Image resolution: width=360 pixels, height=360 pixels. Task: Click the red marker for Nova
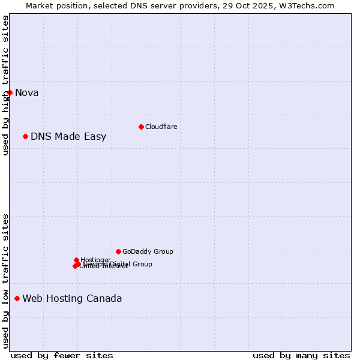coord(10,92)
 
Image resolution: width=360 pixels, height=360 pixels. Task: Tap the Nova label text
coord(27,92)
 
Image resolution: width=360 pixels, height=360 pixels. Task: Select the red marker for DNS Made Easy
coord(26,136)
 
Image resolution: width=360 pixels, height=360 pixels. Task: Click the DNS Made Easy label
coord(68,136)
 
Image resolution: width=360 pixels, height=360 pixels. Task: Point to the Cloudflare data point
coord(141,127)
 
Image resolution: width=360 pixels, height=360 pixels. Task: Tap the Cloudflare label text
coord(161,127)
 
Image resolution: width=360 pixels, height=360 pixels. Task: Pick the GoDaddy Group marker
coord(118,251)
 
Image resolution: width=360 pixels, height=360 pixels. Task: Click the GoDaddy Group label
coord(148,251)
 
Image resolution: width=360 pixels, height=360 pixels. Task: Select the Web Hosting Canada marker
coord(17,298)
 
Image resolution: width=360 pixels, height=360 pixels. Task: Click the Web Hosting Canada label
coord(72,298)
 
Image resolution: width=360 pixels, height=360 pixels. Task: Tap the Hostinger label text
coord(95,260)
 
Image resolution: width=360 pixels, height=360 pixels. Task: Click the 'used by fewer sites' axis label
coord(62,355)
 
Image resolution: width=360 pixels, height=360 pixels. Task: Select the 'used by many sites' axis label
coord(301,355)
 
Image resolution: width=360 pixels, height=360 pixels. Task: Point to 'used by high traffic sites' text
coord(5,85)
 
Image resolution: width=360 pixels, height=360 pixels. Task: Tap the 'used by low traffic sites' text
coord(5,281)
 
